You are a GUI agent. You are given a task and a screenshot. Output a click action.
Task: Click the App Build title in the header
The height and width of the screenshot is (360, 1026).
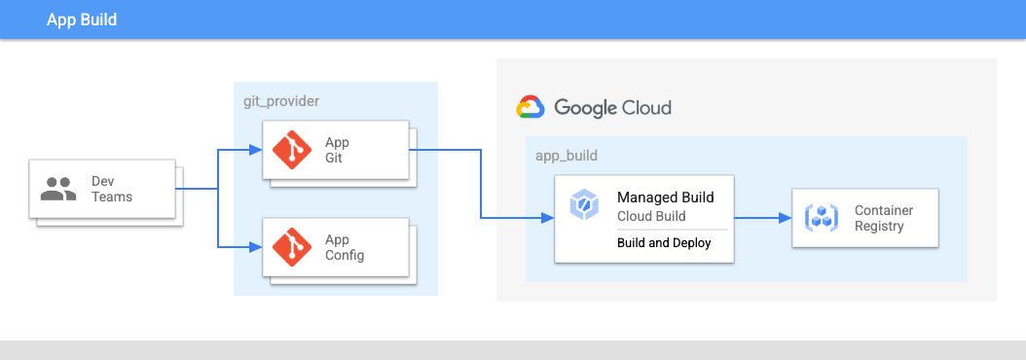(82, 19)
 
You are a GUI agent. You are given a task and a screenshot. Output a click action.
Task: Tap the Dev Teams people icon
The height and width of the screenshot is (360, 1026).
(58, 189)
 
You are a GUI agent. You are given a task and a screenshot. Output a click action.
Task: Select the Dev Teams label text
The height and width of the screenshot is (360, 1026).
(112, 189)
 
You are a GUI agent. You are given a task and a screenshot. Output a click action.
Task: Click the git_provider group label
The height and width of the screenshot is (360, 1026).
(281, 101)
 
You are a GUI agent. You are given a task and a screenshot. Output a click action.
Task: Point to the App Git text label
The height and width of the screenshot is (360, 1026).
(337, 150)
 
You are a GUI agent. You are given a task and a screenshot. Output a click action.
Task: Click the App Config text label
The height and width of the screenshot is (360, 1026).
(345, 247)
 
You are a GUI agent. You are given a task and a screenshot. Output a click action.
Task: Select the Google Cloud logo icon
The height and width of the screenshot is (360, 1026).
(531, 107)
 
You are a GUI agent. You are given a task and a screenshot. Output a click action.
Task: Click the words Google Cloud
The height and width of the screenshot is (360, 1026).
(612, 107)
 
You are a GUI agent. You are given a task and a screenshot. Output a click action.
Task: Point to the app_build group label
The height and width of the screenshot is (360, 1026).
(567, 156)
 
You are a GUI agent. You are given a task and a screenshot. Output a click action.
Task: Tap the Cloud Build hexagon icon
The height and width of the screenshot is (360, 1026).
(582, 204)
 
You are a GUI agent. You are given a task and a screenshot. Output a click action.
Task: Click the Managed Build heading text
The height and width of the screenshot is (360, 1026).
(666, 197)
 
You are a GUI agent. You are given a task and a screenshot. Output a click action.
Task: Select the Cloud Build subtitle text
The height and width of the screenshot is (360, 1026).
(652, 215)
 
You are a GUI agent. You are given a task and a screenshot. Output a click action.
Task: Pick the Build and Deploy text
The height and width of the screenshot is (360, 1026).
(664, 243)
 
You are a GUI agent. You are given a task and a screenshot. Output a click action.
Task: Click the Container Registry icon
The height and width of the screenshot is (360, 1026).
(822, 218)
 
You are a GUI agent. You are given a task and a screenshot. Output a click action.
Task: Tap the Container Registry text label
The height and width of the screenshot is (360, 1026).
(884, 218)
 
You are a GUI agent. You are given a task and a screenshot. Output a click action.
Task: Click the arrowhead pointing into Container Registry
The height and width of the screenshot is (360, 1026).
(786, 218)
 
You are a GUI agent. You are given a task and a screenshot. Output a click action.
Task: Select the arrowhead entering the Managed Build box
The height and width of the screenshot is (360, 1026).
(548, 218)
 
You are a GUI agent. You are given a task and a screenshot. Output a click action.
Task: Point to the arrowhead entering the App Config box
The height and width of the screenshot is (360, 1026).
(256, 247)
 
